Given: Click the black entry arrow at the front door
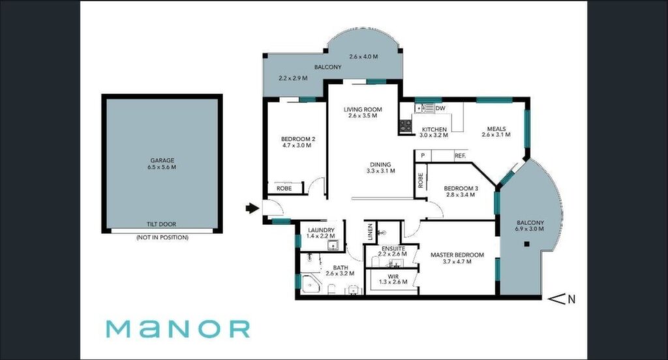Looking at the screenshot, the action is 252,208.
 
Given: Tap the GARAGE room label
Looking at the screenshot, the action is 162,160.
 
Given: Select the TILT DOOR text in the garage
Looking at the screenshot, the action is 162,224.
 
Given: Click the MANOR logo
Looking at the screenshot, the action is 177,329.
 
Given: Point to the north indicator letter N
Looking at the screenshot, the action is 571,299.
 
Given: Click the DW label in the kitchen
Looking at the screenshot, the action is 440,108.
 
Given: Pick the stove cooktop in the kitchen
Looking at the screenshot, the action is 406,125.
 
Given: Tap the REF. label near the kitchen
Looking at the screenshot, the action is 460,156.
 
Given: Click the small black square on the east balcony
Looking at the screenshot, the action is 526,244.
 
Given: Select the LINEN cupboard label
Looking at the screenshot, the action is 370,232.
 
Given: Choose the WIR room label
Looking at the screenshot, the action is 393,277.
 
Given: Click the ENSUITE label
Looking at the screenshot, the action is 393,248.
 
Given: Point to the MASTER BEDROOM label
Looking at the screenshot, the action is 457,255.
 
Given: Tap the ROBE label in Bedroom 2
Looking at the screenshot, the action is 284,188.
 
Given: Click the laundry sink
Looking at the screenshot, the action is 332,245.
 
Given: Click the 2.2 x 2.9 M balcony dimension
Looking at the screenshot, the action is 293,78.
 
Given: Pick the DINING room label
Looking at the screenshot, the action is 380,164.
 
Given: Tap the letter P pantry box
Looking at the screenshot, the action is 423,156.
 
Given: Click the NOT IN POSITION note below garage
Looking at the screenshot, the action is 162,237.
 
